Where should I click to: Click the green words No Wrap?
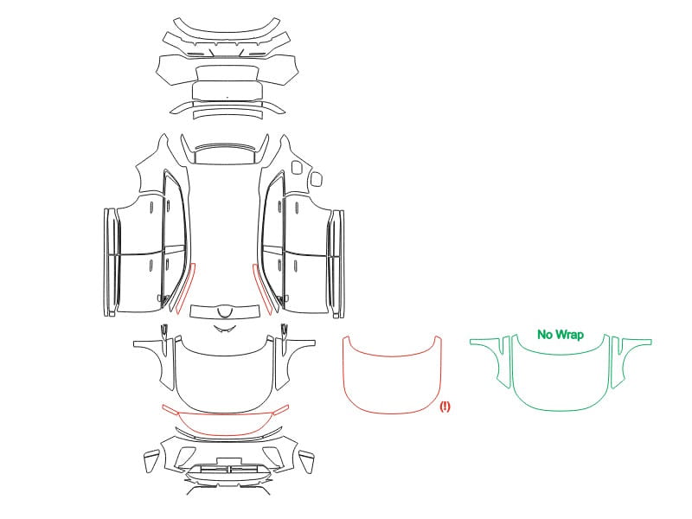560,335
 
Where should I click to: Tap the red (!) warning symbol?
445,406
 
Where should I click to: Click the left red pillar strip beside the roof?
185,289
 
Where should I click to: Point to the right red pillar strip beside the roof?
262,289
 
